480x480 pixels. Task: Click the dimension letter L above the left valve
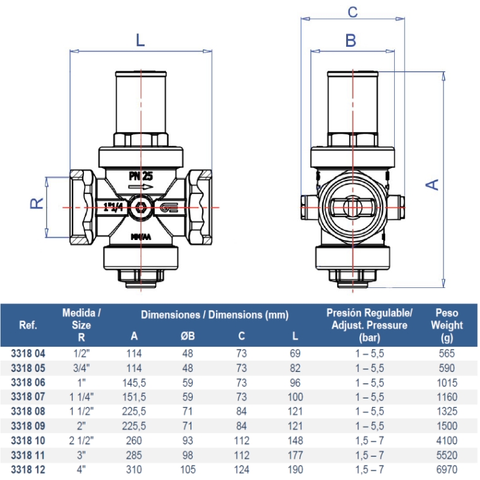(x=140, y=40)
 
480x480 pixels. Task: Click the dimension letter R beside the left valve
(x=37, y=203)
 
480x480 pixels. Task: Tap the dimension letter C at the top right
(x=352, y=11)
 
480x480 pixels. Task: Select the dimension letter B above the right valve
(x=351, y=40)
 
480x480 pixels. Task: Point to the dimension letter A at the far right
(x=432, y=184)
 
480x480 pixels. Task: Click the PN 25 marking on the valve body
(x=141, y=176)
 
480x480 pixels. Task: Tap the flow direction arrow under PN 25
(x=140, y=187)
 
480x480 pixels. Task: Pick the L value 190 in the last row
(x=295, y=470)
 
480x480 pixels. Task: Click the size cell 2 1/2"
(x=81, y=441)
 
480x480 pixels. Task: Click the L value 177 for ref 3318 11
(x=295, y=455)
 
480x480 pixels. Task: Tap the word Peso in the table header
(x=447, y=313)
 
